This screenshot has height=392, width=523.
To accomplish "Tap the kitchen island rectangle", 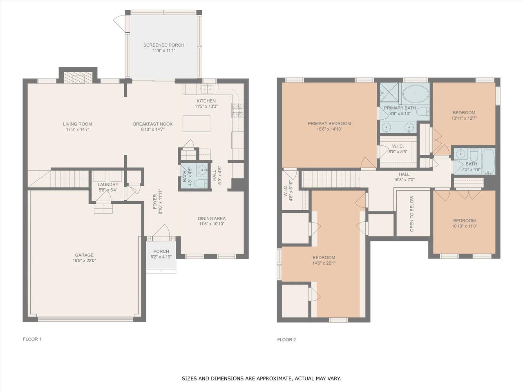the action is [x=197, y=123].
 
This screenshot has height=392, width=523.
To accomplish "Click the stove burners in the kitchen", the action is [x=238, y=110].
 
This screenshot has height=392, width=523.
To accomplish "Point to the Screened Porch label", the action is [x=164, y=45].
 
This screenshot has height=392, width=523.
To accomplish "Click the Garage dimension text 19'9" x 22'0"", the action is [x=84, y=261].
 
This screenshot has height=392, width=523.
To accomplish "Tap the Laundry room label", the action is [x=108, y=185].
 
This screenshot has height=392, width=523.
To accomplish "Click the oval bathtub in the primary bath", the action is [x=416, y=94].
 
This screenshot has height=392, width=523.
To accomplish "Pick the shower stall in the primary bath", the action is [x=389, y=92].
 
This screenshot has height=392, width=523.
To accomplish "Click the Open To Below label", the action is [x=412, y=214].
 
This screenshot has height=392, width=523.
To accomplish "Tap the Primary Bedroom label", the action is [x=329, y=124].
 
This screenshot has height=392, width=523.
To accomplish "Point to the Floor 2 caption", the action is [x=286, y=340].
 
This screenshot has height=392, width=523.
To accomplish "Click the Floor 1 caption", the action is [x=32, y=339].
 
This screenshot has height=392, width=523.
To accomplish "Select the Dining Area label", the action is [x=212, y=218].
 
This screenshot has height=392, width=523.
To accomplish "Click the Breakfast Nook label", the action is [x=153, y=124].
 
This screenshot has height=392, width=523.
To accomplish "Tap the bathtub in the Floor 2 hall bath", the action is [x=488, y=161].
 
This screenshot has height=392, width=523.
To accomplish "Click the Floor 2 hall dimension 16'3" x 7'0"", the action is [x=404, y=180].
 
